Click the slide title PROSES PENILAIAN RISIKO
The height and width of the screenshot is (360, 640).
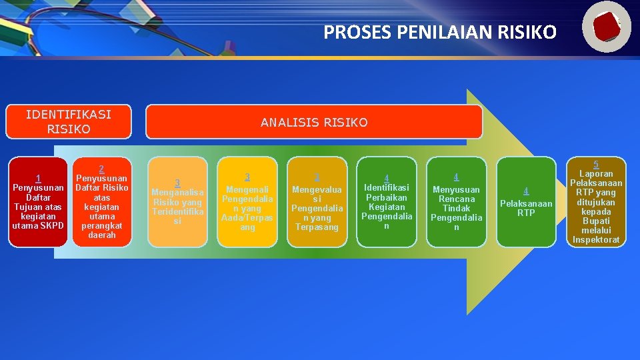pos(439,32)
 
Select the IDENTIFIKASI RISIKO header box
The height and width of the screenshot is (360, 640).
pos(69,121)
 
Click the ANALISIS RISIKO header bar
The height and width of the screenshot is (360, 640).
pos(314,122)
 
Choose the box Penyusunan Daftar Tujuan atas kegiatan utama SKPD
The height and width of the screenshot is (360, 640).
pos(38,202)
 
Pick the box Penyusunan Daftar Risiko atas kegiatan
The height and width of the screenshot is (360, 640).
pos(101,202)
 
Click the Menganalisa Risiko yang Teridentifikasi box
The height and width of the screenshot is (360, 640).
pos(177,202)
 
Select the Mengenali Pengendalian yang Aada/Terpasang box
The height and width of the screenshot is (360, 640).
pos(247,202)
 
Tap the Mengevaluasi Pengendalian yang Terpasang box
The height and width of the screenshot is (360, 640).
pos(317,202)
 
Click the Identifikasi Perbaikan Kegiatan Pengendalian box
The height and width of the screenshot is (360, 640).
pos(387,202)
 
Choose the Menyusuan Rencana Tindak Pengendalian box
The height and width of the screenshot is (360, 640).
pos(456,202)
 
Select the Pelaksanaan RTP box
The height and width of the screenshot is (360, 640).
pos(526,202)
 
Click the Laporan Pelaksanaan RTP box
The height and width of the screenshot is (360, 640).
pos(596,202)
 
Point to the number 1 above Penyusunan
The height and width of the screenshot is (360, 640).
pos(38,178)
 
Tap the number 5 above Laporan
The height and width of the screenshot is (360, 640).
pos(596,164)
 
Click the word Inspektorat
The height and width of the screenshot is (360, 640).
pos(596,239)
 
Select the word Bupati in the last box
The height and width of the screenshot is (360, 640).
pos(596,221)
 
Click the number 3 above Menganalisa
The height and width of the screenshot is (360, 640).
pos(177,183)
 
